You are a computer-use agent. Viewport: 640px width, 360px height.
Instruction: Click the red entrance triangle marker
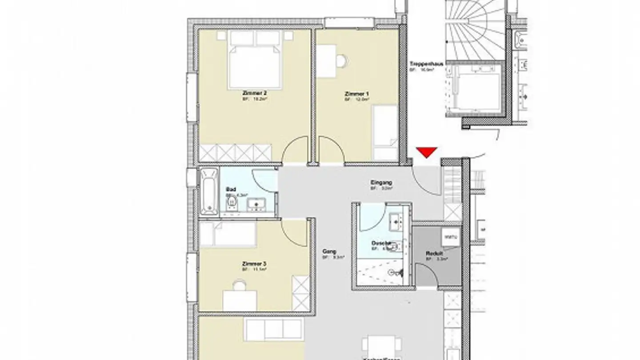point(427,152)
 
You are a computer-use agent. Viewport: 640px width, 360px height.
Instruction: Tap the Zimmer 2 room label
point(254,93)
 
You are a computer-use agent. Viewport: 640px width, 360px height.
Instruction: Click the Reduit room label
point(431,253)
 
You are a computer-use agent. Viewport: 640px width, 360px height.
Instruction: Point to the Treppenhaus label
point(426,64)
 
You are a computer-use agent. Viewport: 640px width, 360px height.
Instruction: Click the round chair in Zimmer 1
point(341,60)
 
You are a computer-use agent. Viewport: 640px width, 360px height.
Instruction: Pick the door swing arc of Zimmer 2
point(294,150)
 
